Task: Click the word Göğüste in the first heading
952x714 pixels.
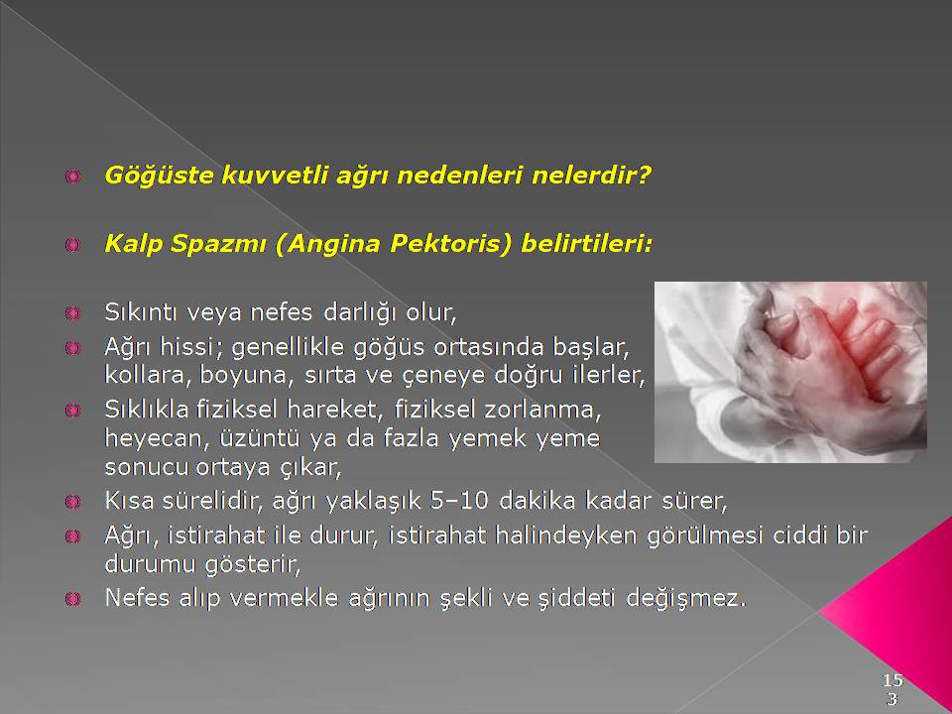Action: point(159,177)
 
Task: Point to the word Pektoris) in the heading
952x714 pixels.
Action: point(451,244)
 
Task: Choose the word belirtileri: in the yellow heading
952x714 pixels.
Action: point(586,244)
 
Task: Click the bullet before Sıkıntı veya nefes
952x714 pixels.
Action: point(72,313)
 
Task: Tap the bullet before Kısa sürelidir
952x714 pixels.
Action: point(72,502)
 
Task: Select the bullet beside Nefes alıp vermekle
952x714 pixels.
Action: point(72,599)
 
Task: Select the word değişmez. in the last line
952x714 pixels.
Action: point(685,599)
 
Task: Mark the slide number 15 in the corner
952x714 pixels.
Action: point(892,678)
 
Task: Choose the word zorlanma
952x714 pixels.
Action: point(542,410)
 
